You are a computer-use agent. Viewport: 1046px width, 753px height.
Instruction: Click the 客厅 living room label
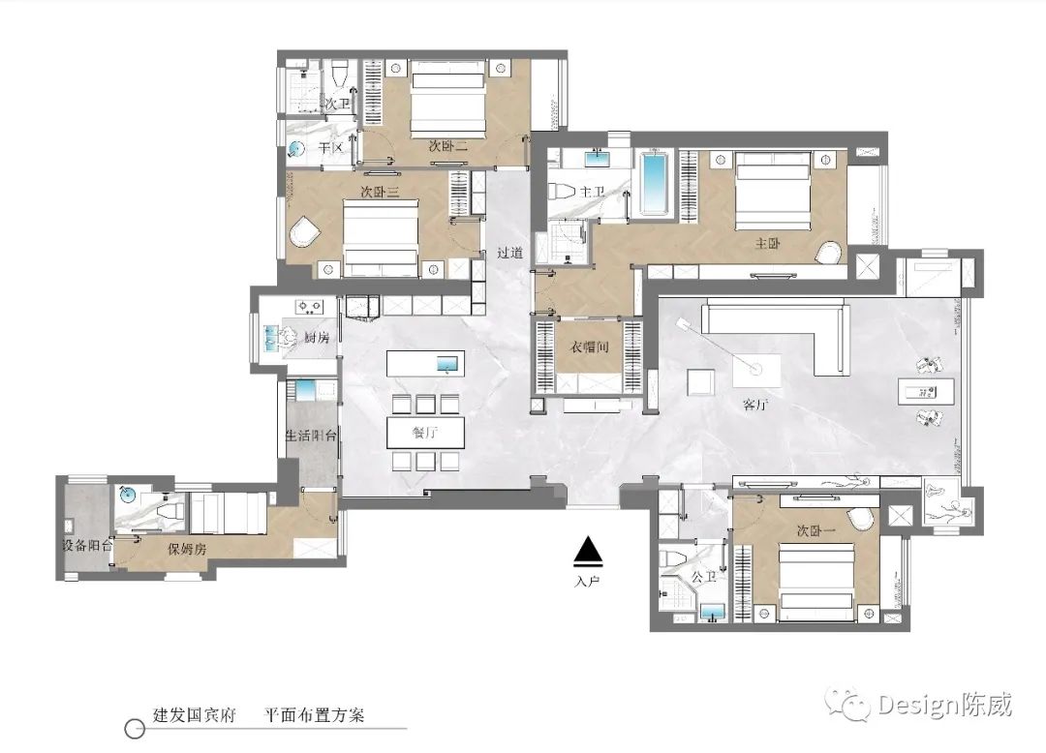pos(754,407)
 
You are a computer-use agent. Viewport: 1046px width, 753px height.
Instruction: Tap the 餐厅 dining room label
pos(425,433)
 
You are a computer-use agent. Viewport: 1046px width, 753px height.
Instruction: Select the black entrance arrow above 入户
pos(588,551)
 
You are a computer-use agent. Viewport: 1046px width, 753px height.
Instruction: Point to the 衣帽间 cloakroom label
pos(589,346)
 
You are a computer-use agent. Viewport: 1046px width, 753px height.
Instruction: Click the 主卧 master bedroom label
pos(767,244)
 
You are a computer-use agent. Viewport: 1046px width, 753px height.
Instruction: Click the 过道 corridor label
pos(510,253)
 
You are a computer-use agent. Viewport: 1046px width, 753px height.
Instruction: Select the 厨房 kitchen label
pos(317,337)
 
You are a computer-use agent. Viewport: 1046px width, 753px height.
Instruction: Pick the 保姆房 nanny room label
pos(187,549)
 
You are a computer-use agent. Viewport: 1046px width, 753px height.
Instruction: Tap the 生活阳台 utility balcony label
pos(311,436)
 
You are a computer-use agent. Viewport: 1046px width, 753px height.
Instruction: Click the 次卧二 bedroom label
pos(448,146)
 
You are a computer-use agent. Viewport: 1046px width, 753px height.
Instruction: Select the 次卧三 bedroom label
pos(381,192)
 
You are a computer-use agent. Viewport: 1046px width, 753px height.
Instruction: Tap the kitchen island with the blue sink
pos(425,364)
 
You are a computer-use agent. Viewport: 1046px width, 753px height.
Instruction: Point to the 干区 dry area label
pos(332,148)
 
